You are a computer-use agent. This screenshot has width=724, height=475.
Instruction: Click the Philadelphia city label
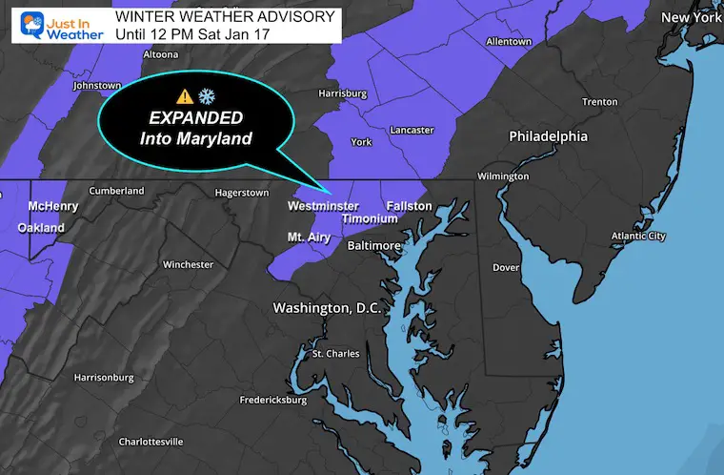coord(548,136)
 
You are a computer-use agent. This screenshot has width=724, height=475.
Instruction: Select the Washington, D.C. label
coord(327,308)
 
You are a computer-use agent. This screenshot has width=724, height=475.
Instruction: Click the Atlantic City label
coord(637,236)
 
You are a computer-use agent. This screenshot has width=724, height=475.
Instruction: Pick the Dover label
coord(506,267)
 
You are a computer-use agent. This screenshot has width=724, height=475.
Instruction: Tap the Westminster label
coord(323,206)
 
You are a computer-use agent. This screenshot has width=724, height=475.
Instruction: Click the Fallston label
coord(410,206)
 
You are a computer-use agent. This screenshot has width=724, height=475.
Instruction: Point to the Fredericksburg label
coord(272,400)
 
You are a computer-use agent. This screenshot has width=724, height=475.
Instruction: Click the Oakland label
coord(41,228)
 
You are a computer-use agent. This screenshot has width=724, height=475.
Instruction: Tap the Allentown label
coord(508,42)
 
